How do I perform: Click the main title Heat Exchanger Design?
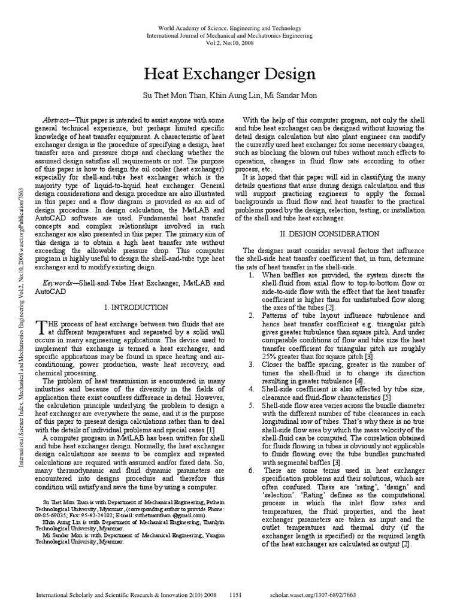tap(230, 74)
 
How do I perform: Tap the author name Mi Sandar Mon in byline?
tap(290, 96)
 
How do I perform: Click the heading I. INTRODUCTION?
tap(136, 307)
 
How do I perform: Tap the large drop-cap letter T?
tap(41, 326)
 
